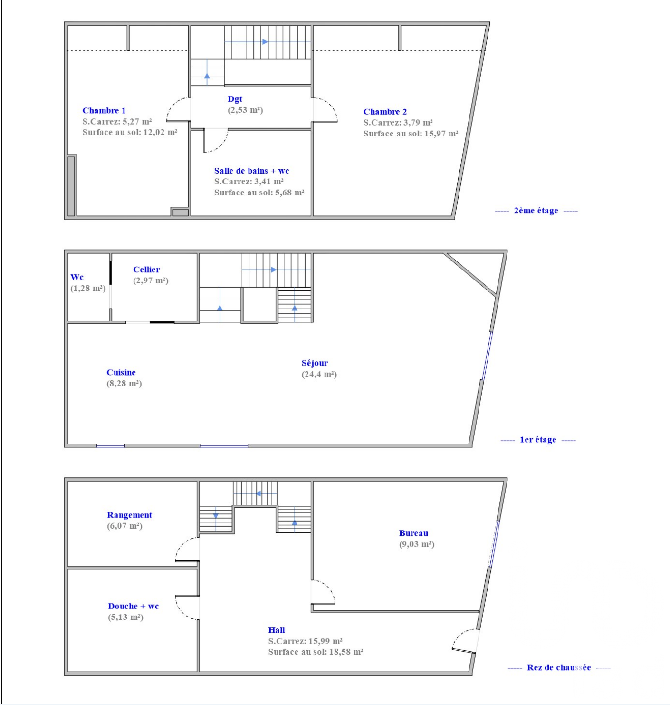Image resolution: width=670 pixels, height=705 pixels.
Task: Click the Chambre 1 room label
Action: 104,110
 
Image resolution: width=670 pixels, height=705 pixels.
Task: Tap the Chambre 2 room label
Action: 385,112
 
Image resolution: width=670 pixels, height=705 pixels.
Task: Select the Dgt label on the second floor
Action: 235,99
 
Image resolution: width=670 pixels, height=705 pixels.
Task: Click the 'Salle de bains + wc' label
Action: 251,171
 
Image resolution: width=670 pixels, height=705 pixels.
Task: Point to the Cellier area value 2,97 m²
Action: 151,280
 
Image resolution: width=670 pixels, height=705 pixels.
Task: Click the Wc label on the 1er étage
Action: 77,277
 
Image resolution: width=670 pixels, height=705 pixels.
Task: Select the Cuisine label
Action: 121,372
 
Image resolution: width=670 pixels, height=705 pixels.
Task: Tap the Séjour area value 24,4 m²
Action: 319,374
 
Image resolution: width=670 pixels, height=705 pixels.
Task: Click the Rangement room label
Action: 129,515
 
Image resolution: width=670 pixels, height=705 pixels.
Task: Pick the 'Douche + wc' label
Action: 134,606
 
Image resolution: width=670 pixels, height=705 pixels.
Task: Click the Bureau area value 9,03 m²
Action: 417,544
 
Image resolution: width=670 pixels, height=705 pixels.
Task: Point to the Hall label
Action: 277,630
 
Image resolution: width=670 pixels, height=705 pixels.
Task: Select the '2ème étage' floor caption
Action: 536,211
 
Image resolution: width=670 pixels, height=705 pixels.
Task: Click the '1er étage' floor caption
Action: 538,440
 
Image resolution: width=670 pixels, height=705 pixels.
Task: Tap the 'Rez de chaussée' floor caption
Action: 559,667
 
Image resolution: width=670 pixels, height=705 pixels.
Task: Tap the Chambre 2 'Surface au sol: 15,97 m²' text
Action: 411,134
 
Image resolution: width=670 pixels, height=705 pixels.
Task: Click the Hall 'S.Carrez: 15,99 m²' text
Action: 305,641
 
